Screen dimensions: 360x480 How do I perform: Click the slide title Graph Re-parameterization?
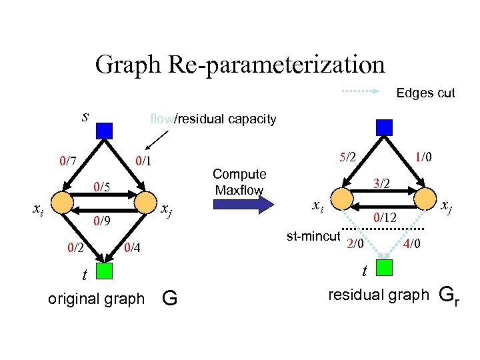(240, 65)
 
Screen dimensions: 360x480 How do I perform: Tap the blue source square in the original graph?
(103, 129)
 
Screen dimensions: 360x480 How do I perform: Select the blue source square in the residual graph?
(384, 127)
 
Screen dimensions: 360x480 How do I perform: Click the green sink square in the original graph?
(104, 271)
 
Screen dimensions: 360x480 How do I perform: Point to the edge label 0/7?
(67, 160)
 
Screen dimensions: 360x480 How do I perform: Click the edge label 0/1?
(143, 160)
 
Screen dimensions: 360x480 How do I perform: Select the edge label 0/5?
(101, 186)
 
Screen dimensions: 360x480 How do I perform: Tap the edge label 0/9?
(101, 220)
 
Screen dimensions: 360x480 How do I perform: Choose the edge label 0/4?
(134, 249)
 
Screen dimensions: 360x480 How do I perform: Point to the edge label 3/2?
(383, 183)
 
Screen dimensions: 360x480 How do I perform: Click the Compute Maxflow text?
(240, 182)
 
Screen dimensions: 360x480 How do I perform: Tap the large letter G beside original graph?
(169, 299)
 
